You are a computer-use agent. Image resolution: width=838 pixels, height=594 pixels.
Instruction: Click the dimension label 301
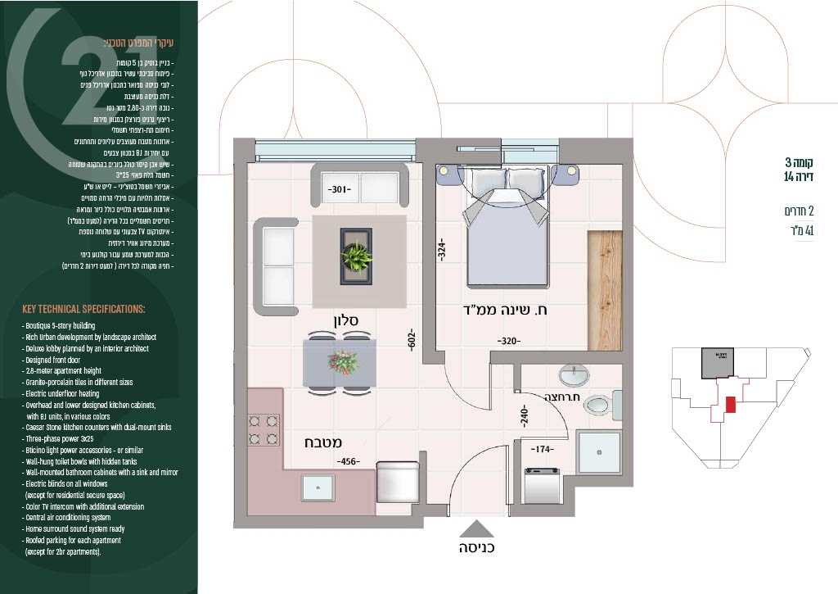pos(340,189)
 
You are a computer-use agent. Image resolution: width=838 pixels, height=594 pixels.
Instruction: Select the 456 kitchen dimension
pos(349,462)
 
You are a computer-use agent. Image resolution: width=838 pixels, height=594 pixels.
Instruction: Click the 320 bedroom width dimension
pos(511,340)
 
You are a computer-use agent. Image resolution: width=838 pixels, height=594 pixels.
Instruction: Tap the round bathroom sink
pos(573,376)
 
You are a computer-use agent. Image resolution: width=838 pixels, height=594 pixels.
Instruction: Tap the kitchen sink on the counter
pos(318,487)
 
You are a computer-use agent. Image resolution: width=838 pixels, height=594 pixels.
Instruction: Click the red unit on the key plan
pos(731,404)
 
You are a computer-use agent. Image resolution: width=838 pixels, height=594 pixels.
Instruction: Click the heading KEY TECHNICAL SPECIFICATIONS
pos(83,309)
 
